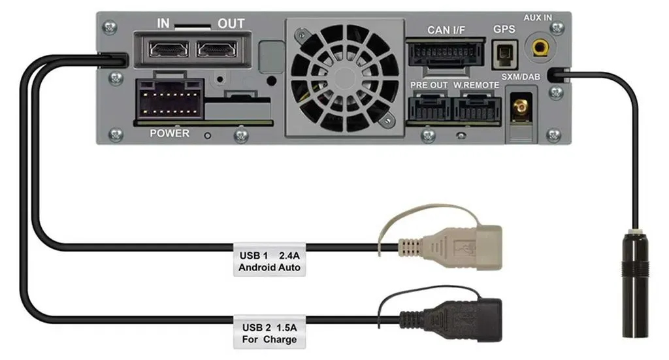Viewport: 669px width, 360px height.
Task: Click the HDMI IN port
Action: [169, 50]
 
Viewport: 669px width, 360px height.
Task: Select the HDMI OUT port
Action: [217, 50]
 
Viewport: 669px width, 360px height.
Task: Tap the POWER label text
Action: [169, 133]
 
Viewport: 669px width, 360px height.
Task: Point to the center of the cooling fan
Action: [345, 78]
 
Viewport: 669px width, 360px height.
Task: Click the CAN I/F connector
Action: [446, 54]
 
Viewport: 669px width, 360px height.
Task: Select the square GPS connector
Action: [505, 54]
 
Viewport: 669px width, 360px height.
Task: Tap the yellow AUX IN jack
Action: [540, 47]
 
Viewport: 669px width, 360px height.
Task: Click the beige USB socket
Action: [451, 248]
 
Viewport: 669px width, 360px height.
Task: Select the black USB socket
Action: [451, 320]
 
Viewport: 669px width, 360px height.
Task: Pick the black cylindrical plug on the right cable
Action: [636, 284]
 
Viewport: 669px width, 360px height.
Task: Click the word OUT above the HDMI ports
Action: [231, 24]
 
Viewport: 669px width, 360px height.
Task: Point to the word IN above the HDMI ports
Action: [163, 24]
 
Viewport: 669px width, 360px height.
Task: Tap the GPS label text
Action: [504, 29]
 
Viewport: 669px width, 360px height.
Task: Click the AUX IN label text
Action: [538, 18]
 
